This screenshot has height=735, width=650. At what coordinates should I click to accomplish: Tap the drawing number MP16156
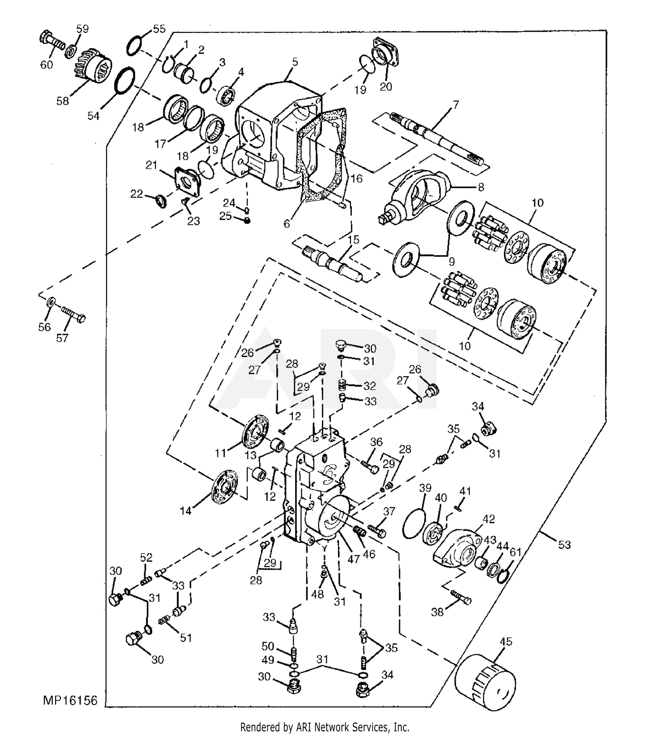[x=70, y=700]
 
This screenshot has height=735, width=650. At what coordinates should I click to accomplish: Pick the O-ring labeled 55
[x=135, y=46]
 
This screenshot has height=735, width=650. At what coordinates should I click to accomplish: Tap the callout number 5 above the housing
[x=295, y=62]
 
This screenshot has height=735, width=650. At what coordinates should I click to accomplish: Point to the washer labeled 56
[x=51, y=301]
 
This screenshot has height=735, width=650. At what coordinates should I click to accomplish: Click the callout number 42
[x=488, y=519]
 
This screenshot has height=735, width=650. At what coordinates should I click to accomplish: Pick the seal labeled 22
[x=161, y=201]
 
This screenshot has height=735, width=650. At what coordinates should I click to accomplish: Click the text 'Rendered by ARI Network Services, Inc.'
[x=325, y=727]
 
